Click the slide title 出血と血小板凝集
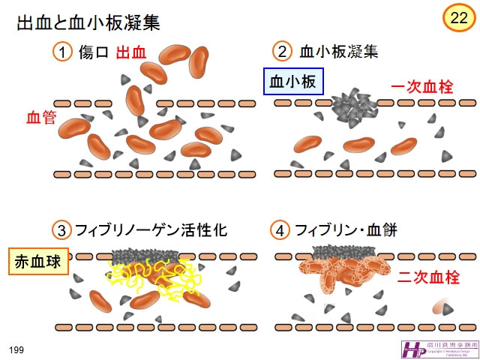[x=88, y=22]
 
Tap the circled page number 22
[x=457, y=19]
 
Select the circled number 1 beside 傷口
[x=62, y=52]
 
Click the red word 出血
[x=131, y=52]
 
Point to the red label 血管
[x=41, y=118]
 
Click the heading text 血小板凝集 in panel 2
[x=338, y=52]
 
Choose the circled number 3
[x=62, y=230]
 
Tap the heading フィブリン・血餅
[x=346, y=230]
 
